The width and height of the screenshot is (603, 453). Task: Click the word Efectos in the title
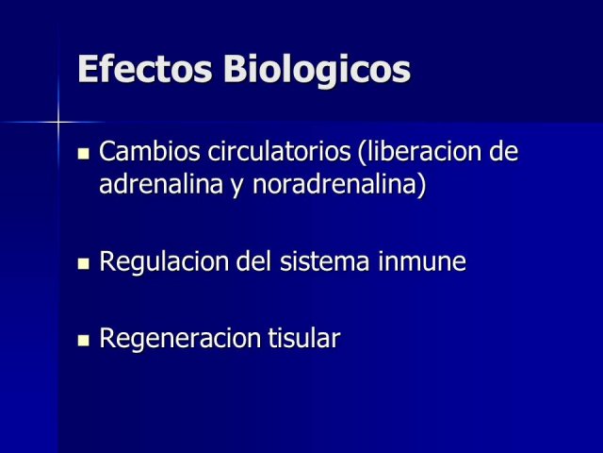[144, 69]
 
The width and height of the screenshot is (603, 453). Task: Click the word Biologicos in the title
[317, 69]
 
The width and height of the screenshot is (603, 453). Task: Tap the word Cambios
[150, 151]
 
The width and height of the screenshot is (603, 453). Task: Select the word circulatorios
[279, 151]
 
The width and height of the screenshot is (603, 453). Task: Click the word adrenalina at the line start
[161, 184]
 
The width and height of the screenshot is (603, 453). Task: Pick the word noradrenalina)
[339, 185]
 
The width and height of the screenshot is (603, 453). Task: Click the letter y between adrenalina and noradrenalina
[238, 188]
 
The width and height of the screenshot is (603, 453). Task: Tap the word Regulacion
[163, 262]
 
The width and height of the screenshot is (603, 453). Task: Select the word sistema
[324, 260]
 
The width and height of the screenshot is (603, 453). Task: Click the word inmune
[422, 260]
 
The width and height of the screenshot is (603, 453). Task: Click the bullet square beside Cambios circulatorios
[84, 154]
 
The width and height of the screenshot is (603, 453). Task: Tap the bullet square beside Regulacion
[84, 264]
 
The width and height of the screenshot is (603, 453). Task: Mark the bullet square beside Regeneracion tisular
[84, 341]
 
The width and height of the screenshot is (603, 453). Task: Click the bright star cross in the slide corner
[58, 123]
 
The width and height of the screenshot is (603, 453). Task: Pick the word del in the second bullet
[253, 260]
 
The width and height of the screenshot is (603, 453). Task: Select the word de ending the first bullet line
[504, 151]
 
